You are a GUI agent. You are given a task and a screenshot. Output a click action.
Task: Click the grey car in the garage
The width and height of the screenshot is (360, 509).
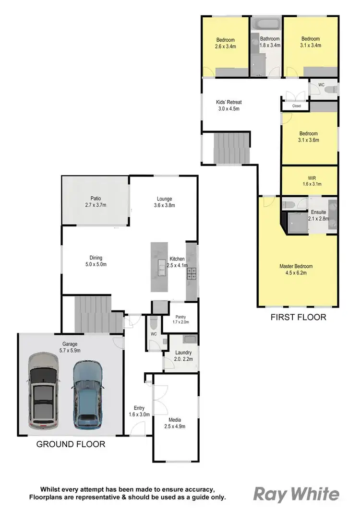(x=44, y=391)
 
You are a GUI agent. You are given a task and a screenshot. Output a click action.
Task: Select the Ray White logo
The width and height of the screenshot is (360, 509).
(x=296, y=494)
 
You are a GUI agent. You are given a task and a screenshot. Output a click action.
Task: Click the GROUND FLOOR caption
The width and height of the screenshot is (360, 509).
(x=71, y=444)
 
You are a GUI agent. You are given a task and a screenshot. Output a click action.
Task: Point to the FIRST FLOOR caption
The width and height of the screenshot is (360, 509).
(x=298, y=317)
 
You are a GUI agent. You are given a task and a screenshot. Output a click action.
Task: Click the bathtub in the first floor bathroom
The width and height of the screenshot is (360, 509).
(x=266, y=24)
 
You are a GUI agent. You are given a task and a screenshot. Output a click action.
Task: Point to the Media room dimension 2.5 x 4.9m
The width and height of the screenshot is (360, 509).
(x=175, y=426)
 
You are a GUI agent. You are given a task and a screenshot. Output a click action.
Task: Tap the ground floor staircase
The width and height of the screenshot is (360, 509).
(x=94, y=314)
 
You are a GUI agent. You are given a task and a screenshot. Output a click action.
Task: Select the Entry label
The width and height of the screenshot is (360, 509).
(x=139, y=408)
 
